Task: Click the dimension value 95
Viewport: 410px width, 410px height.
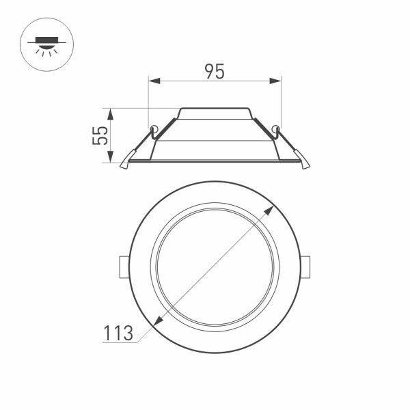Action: [x=215, y=71]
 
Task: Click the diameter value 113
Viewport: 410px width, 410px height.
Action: [x=118, y=333]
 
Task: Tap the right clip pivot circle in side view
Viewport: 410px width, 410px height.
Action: [x=275, y=128]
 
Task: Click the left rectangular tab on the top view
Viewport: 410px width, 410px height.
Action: [x=123, y=267]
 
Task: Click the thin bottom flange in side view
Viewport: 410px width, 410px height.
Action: [x=215, y=161]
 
